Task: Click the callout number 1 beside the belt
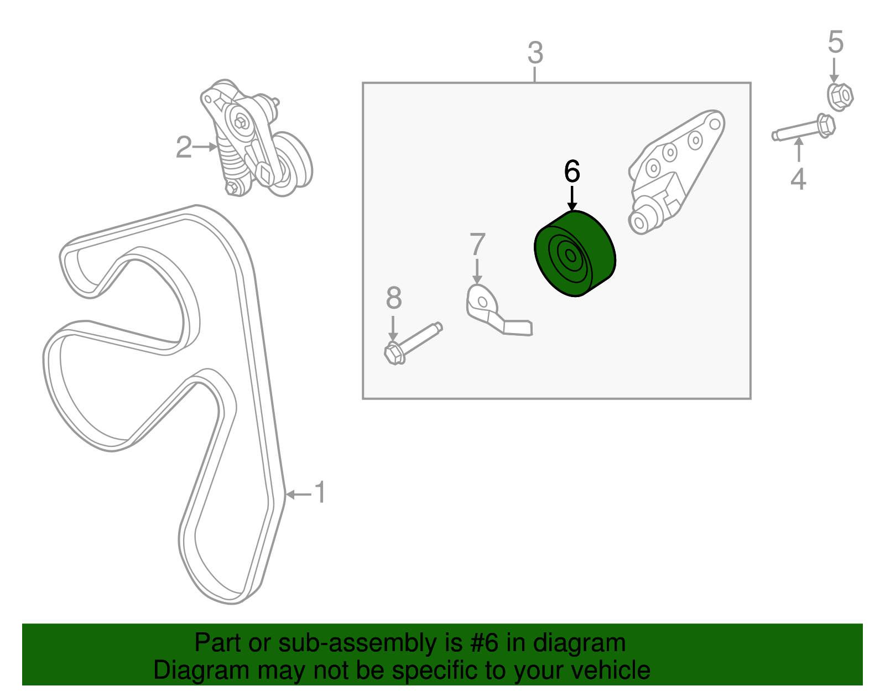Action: click(x=320, y=492)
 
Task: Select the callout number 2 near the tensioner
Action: click(x=184, y=147)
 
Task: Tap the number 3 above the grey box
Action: click(x=535, y=54)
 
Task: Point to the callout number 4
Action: click(x=798, y=179)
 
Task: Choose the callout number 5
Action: click(x=835, y=43)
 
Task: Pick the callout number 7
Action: click(x=477, y=245)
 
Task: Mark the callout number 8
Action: click(x=393, y=299)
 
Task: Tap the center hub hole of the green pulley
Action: click(x=570, y=256)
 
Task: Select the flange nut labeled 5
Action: click(x=840, y=97)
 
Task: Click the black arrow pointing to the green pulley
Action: click(x=572, y=199)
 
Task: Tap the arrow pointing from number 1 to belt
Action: click(x=299, y=493)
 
